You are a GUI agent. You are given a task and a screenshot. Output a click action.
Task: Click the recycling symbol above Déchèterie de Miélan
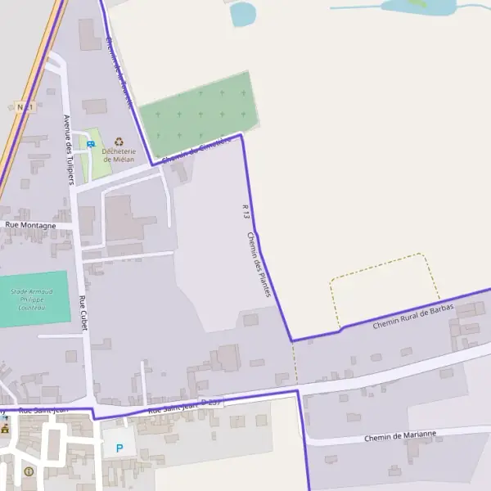point(119,141)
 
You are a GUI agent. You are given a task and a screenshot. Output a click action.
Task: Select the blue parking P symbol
point(119,448)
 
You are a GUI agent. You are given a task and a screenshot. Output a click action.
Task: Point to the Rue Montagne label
point(30,225)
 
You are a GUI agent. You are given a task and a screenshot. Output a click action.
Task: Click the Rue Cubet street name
point(83,313)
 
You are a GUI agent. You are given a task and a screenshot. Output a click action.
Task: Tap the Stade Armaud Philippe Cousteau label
point(31,300)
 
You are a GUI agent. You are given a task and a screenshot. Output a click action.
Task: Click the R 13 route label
point(245,211)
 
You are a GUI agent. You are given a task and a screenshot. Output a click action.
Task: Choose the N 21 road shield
point(24,107)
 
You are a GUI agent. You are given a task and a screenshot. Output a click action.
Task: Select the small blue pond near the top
point(242,13)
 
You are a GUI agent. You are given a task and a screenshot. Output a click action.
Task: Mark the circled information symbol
point(29,471)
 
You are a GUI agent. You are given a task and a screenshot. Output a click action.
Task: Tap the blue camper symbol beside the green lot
point(90,144)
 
